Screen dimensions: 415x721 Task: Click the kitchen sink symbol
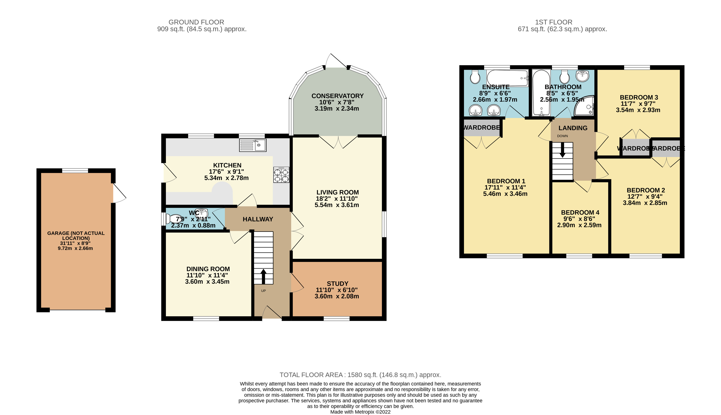[x=253, y=145]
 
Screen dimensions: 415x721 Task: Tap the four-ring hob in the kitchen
[x=281, y=175]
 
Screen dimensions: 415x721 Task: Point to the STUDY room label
[x=337, y=284]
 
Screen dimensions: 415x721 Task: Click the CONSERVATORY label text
[x=337, y=96]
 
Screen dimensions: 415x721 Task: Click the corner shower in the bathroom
[x=585, y=106]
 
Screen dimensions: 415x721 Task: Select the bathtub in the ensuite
[x=507, y=77]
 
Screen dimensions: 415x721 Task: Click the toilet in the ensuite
[x=475, y=77]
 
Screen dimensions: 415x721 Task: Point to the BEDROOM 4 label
[x=580, y=212]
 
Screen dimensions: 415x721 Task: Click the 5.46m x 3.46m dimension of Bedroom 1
[x=505, y=194]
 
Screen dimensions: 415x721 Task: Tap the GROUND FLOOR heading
[x=196, y=22]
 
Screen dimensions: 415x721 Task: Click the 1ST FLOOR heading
[x=553, y=22]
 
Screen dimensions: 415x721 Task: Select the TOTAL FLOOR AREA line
[x=360, y=375]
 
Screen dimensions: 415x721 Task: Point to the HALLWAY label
[x=258, y=219]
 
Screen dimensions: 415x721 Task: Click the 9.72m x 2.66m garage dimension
[x=75, y=248]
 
